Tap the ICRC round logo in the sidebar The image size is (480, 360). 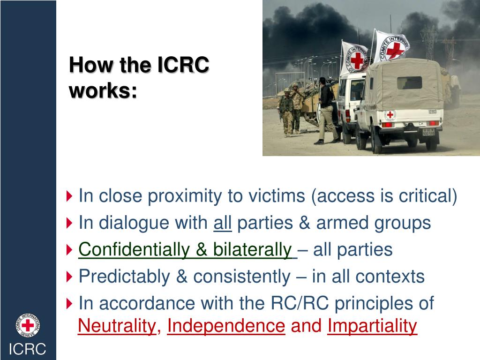point(28,325)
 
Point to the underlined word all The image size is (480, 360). point(223,223)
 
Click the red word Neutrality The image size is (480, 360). point(117,325)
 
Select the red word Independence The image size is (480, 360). point(226,325)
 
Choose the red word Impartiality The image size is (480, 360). point(372,325)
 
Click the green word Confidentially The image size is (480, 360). point(135,249)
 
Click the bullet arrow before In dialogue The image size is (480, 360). point(70,223)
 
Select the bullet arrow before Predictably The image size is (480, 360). point(70,277)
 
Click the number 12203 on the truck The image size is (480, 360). point(432,112)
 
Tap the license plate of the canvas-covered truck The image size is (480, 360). point(428,132)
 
